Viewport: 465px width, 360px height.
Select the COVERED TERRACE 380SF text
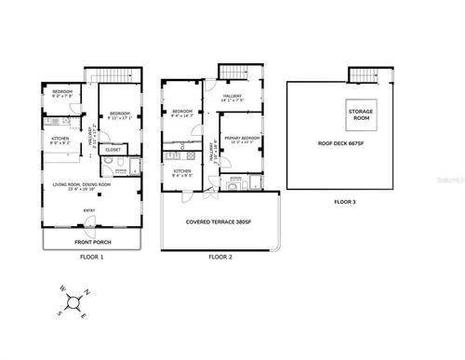tap(219, 222)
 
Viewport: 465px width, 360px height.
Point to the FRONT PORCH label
tap(91, 242)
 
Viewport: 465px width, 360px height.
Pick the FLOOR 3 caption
tap(344, 201)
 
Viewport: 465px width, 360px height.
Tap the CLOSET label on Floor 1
tap(113, 150)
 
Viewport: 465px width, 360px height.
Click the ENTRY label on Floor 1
tap(90, 210)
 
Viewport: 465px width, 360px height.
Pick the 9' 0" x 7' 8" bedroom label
tap(61, 93)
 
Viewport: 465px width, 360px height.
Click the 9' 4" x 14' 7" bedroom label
tap(182, 113)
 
